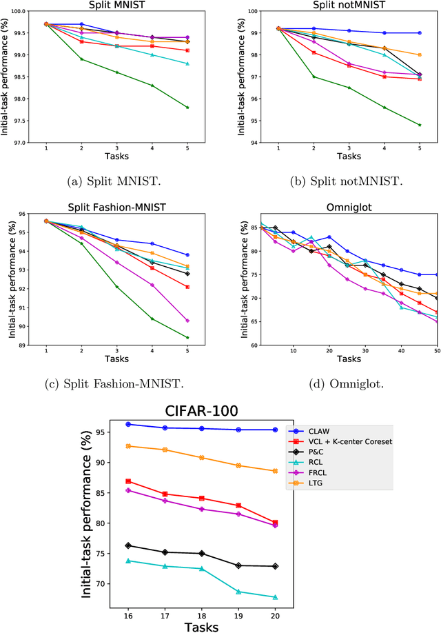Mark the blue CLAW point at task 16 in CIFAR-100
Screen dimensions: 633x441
tap(128, 424)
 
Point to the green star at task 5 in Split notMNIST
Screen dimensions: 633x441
tap(419, 125)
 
